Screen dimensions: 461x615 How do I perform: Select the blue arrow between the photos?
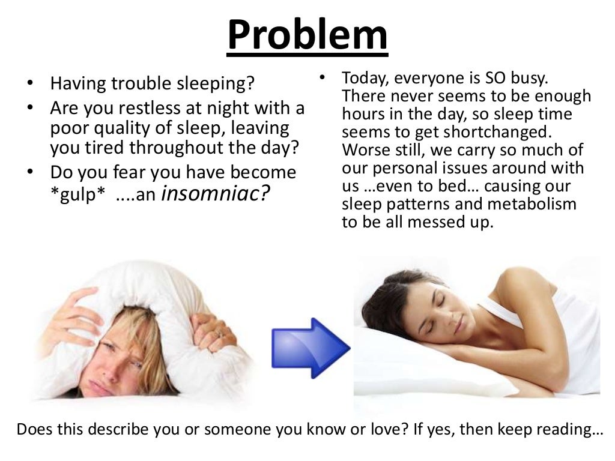click(x=310, y=348)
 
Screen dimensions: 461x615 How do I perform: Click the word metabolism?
click(x=532, y=204)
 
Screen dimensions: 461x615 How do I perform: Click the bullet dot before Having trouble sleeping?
click(x=31, y=83)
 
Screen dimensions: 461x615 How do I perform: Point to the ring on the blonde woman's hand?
click(x=218, y=331)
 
